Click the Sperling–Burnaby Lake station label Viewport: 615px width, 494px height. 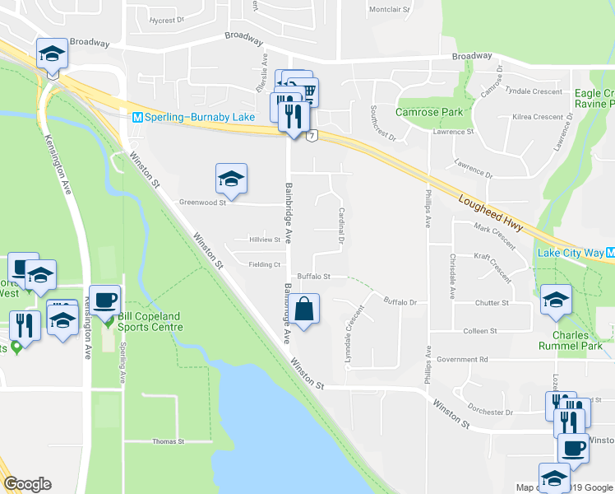click(x=194, y=117)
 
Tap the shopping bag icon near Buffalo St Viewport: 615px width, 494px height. click(x=303, y=310)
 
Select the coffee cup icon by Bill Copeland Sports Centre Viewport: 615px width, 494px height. click(x=104, y=301)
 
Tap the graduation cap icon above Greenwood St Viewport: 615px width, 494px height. click(x=231, y=179)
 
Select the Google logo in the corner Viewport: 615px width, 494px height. click(x=27, y=484)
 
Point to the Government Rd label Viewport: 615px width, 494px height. click(x=462, y=360)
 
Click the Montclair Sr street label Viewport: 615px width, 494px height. click(x=390, y=10)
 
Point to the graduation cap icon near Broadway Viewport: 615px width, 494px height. click(x=52, y=54)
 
